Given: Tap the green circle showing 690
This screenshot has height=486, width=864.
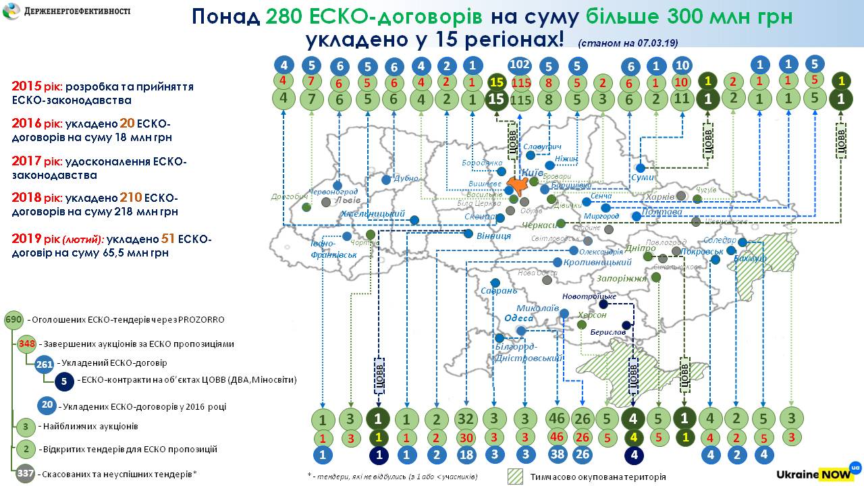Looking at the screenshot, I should click(13, 320).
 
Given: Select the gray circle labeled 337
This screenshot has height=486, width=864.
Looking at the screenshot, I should click(26, 474).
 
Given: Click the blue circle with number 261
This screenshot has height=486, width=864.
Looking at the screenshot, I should click(45, 363).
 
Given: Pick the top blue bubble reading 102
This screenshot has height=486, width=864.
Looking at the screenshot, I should click(520, 65).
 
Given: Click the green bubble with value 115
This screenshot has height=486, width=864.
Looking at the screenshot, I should click(520, 99).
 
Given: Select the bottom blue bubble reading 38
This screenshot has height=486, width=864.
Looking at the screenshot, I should click(558, 455).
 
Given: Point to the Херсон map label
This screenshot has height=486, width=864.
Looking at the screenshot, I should click(592, 315).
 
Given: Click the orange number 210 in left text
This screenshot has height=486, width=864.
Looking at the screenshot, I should click(131, 198).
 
